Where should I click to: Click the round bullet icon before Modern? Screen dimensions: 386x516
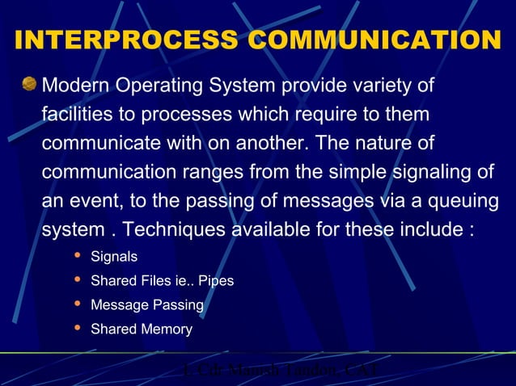[x=30, y=85]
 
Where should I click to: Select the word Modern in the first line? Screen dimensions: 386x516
[x=75, y=86]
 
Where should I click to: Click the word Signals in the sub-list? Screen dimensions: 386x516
[x=114, y=258]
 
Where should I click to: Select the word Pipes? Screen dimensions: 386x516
[x=216, y=282]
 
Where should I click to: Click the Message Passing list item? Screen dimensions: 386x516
[x=146, y=306]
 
